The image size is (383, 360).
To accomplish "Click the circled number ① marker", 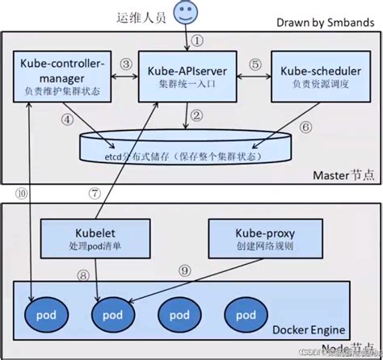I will tap(197, 39).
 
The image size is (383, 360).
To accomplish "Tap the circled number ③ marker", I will tap(125, 64).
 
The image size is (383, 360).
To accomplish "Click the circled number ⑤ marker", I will tap(254, 64).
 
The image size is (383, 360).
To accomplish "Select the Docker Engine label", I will tap(312, 329).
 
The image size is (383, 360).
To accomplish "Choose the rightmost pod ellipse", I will tap(239, 312).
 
